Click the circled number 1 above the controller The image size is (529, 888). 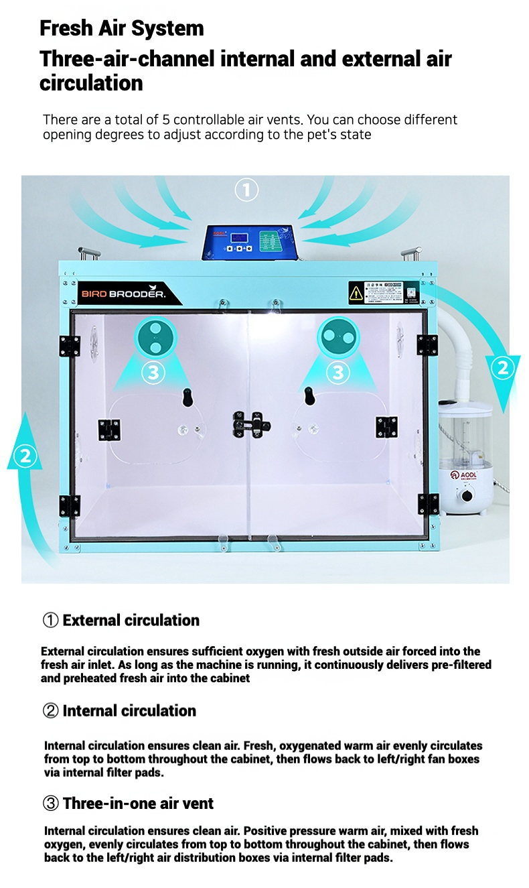tap(246, 191)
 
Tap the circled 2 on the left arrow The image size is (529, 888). tap(25, 456)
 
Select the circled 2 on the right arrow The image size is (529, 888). tap(503, 367)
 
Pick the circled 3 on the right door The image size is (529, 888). tap(337, 372)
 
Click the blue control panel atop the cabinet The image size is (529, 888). tap(250, 241)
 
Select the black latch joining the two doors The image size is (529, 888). tap(250, 423)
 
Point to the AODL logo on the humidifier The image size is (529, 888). tap(467, 474)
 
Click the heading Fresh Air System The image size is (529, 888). tap(122, 28)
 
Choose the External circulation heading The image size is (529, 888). tap(131, 620)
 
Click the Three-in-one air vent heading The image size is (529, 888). tap(138, 803)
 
